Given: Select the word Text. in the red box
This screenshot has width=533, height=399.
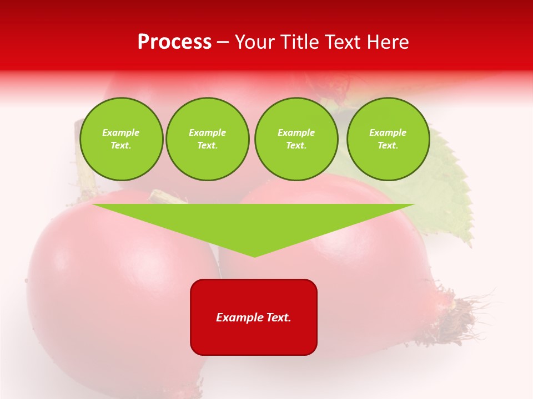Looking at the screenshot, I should [x=279, y=318].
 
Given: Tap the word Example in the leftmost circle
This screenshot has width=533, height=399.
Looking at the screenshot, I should [x=121, y=132].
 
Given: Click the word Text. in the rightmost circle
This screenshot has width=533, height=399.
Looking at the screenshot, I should [x=388, y=146].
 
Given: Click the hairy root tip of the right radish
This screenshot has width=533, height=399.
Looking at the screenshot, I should [x=466, y=319].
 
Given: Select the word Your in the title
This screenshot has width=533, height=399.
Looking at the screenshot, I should [x=256, y=43].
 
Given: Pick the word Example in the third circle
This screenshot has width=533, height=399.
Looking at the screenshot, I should [x=296, y=132].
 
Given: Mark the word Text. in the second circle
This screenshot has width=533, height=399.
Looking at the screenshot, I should [x=207, y=146].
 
